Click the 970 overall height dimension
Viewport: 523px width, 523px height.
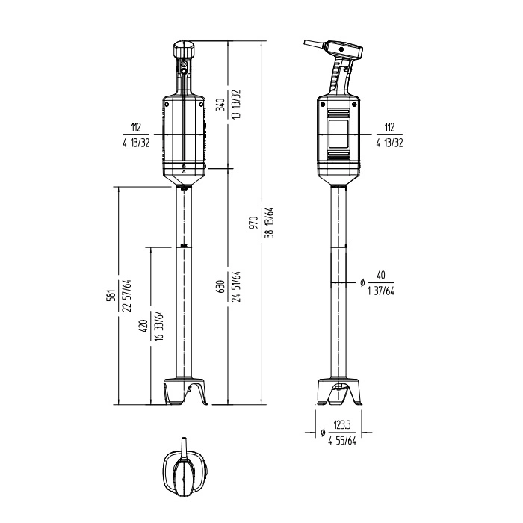click(x=254, y=223)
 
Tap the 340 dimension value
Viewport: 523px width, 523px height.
click(x=220, y=105)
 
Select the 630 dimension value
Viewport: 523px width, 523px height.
click(x=220, y=286)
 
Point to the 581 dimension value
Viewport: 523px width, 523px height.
click(x=111, y=295)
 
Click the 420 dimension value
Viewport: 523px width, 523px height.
click(x=143, y=326)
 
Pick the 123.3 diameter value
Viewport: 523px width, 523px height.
click(x=342, y=425)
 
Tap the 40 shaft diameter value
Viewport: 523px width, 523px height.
click(x=380, y=275)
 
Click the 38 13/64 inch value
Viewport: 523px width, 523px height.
click(x=270, y=223)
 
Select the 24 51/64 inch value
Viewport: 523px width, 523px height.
click(x=235, y=286)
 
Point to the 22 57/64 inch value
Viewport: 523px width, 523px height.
click(x=126, y=295)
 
